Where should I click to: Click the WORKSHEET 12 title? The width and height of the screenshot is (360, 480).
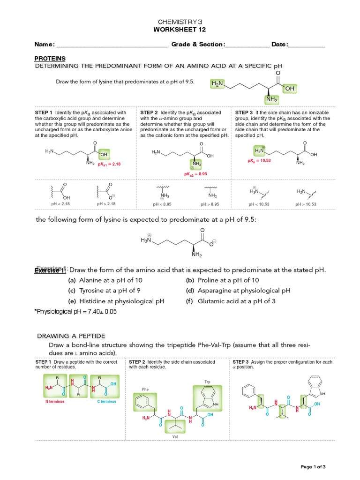pos(180,30)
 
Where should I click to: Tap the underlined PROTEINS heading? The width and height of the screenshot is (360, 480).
pos(49,59)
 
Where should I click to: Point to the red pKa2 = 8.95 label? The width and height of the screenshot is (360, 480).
pos(195,174)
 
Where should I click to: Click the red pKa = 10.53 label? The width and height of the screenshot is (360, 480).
pos(259,160)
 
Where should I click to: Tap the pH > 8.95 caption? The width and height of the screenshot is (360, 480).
pos(212,204)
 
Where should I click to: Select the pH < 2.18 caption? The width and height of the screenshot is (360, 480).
pos(60,204)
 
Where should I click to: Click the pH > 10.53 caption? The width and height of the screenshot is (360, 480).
pos(306,204)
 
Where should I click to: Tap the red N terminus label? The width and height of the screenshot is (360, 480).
pos(55,402)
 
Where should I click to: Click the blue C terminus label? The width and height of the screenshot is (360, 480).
pos(106,402)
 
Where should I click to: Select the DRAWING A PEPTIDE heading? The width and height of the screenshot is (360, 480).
pos(71,336)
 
